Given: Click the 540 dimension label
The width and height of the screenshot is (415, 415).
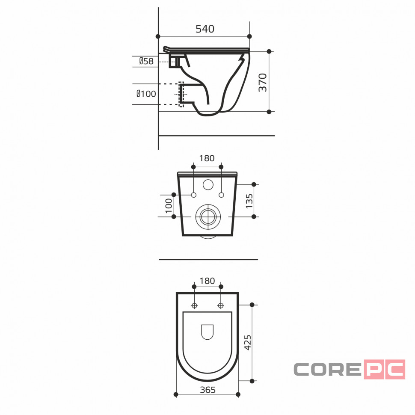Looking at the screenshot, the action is pos(205,29).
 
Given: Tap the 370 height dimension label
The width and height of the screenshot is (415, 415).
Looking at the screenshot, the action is pos(263,83).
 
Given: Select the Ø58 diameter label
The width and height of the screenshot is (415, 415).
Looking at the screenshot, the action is pos(146,61).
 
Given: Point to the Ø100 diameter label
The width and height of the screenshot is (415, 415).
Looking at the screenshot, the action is pos(146,94).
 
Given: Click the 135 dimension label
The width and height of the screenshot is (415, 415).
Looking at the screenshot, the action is pos(249,201).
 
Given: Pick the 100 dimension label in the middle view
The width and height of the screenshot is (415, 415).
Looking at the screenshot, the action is pos(169,206).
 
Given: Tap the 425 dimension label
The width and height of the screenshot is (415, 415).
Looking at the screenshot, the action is pos(248,342).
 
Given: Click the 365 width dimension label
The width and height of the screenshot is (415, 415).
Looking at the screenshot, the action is pos(208,390).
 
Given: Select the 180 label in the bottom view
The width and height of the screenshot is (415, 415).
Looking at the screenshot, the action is pos(207,281).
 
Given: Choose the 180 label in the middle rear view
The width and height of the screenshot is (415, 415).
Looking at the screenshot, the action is pos(207,158).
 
